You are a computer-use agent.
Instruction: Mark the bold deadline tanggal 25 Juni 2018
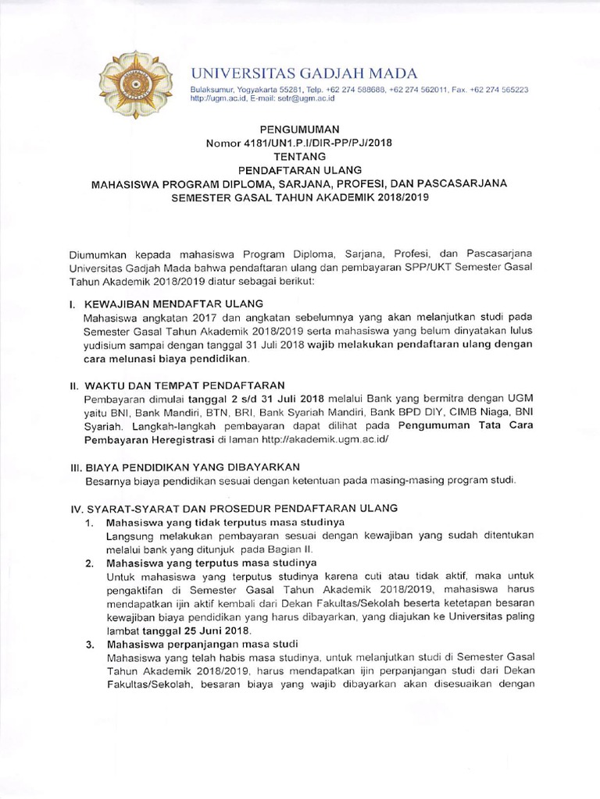pyautogui.click(x=204, y=630)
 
